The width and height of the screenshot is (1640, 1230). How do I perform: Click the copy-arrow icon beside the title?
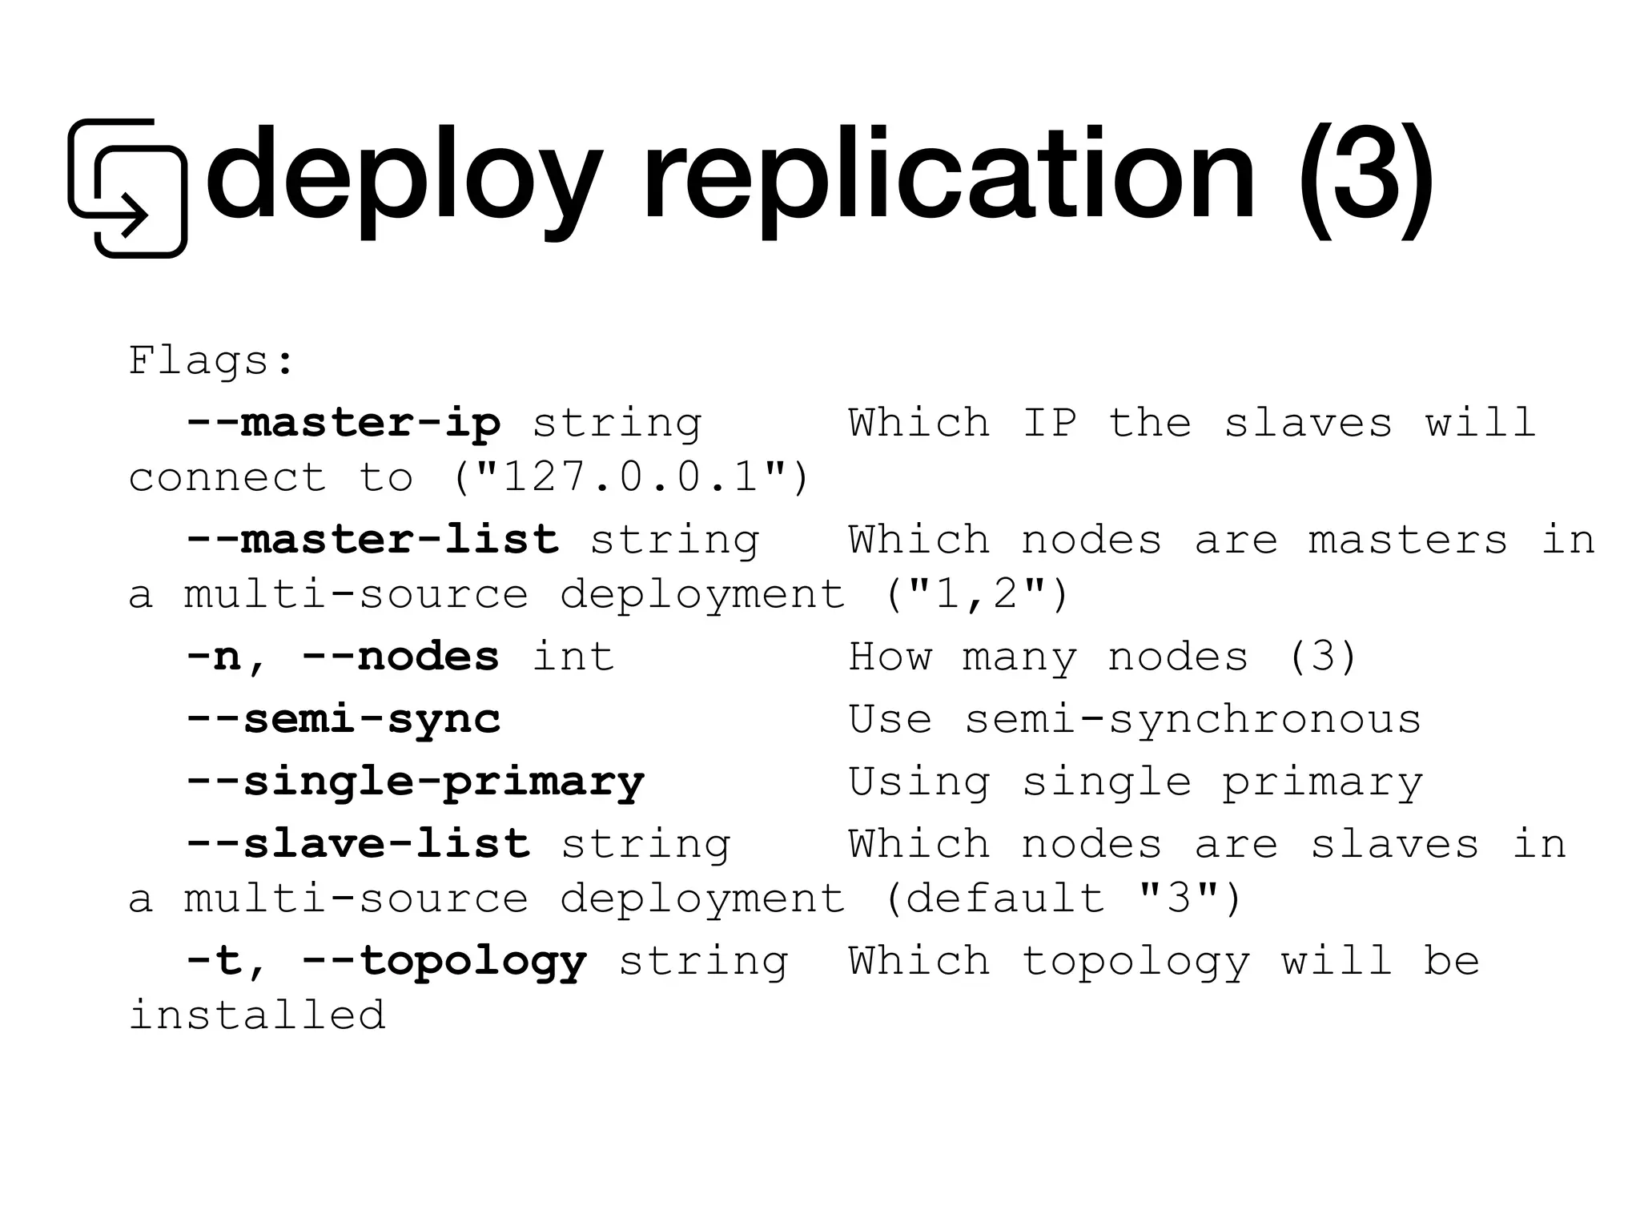(127, 188)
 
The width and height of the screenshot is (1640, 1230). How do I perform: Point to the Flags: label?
(211, 361)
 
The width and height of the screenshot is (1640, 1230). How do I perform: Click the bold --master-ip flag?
(344, 423)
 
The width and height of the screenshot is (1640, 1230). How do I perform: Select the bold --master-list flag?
(372, 540)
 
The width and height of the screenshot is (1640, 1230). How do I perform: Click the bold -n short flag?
(213, 657)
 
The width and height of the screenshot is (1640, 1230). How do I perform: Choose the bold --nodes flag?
(400, 657)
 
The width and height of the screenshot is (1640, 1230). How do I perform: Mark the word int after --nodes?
(573, 657)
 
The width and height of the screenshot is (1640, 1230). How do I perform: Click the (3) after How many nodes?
(1323, 657)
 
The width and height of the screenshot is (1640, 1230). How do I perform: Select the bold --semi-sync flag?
(344, 719)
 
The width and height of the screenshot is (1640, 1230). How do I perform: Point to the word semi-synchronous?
(1193, 719)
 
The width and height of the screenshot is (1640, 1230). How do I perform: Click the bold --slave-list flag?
(358, 844)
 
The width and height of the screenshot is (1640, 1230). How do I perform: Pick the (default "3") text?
(1065, 898)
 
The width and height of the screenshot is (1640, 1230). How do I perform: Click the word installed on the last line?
(257, 1015)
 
